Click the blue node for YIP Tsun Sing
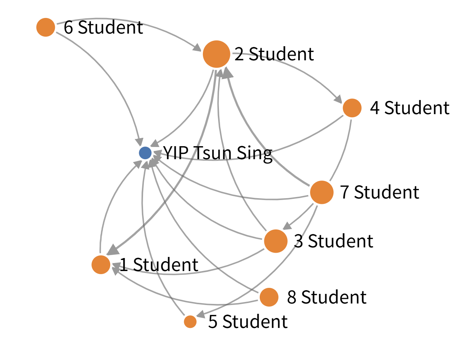coord(145,153)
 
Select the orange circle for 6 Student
coord(46,27)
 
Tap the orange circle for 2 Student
coord(216,54)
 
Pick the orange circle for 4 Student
coord(352,108)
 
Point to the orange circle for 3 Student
coord(275,241)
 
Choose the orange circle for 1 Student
coord(101,265)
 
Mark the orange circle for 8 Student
coord(269,297)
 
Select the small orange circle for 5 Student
coord(190,321)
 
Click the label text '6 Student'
coord(103,28)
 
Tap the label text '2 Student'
coord(274,55)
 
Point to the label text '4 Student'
coord(410,108)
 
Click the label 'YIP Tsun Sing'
coord(217,153)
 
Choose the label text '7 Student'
coord(380,192)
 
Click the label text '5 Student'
coord(248,322)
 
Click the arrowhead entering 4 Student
coord(338,99)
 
